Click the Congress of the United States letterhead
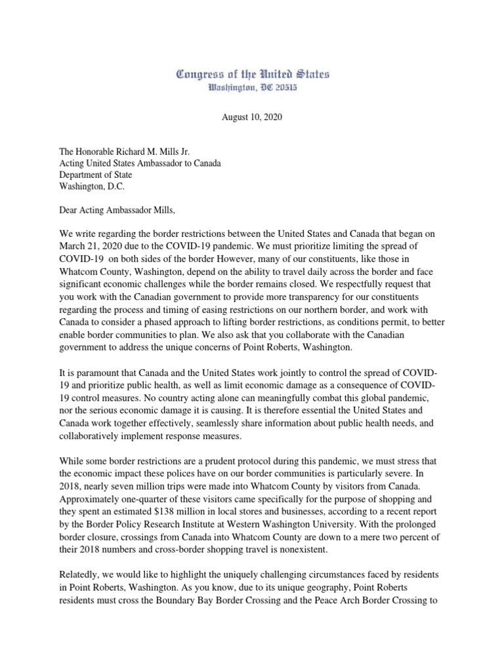[x=253, y=74]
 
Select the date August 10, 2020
[x=252, y=117]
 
